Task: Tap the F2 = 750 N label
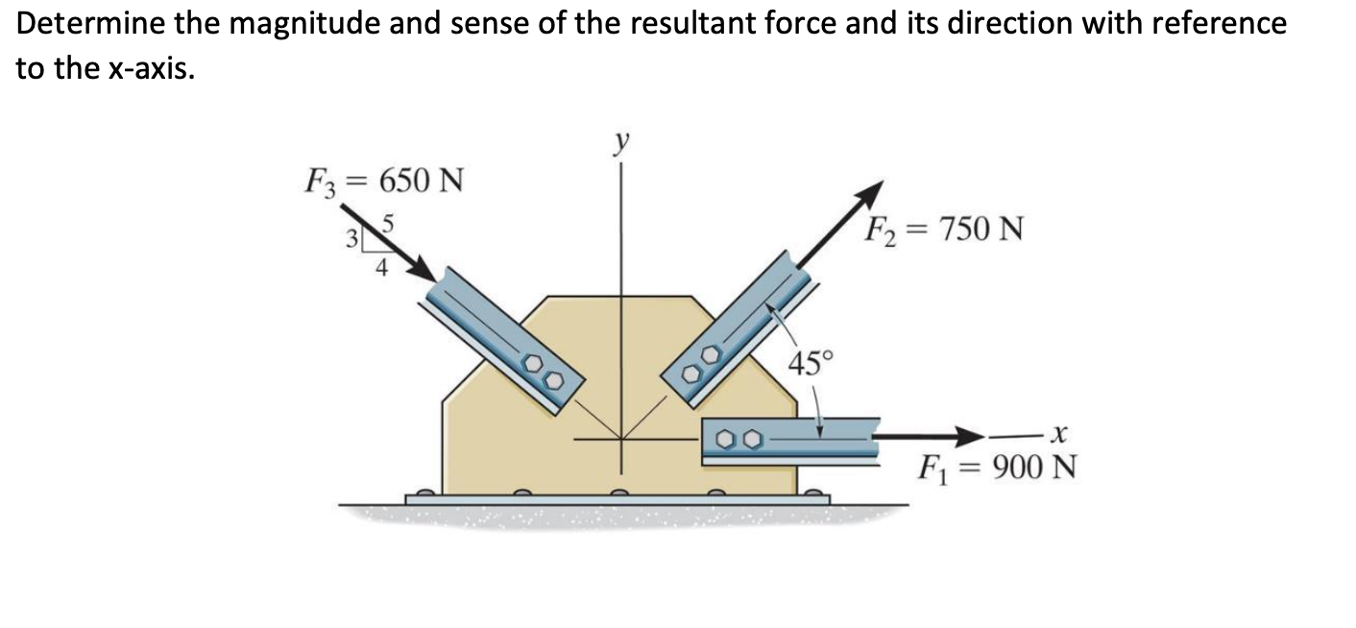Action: pyautogui.click(x=944, y=230)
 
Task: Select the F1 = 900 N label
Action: pyautogui.click(x=996, y=470)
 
